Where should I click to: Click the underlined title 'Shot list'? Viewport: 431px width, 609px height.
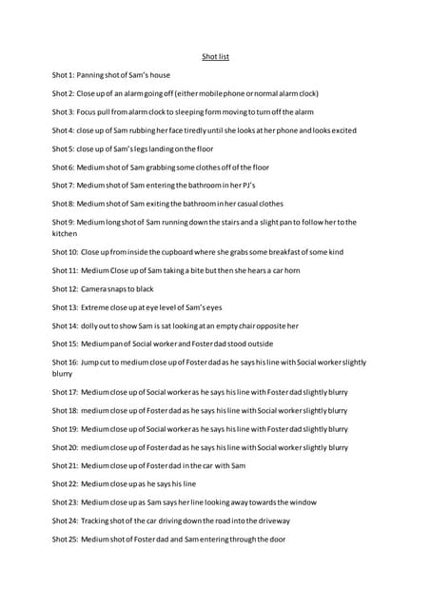pos(215,57)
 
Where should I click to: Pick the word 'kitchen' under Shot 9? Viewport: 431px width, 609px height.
pos(64,233)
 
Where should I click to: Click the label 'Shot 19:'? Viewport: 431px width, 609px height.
pos(66,429)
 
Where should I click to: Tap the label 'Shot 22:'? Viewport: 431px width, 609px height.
pos(66,484)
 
